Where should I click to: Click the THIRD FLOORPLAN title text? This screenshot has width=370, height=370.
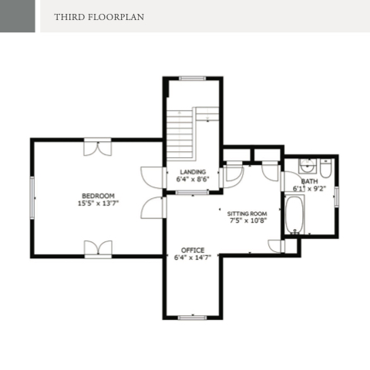tap(99, 17)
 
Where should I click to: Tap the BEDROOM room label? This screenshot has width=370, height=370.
tap(98, 196)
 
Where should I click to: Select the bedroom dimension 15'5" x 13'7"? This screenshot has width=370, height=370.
tap(98, 203)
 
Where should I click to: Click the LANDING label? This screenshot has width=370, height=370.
tap(193, 172)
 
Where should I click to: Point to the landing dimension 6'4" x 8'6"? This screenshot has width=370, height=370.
tap(193, 179)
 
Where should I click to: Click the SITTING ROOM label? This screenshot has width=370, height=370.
tap(247, 214)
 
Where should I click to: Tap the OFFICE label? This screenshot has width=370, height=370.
tap(193, 250)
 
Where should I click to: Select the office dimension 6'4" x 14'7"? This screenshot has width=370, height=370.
tap(193, 257)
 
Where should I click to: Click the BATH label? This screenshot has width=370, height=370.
tap(309, 181)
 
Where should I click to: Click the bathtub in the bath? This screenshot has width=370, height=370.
tap(294, 214)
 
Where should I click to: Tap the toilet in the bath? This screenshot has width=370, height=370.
tap(325, 168)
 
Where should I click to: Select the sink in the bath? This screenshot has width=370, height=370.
tap(308, 166)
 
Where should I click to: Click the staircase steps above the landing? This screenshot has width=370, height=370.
tap(180, 135)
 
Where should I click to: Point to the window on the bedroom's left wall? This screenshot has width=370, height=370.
tap(32, 198)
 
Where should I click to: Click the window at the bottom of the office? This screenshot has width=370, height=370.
tap(193, 318)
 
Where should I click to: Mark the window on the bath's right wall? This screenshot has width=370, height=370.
tap(337, 197)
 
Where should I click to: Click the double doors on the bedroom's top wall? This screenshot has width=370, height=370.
tap(98, 147)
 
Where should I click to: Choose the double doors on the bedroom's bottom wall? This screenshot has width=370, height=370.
tap(98, 249)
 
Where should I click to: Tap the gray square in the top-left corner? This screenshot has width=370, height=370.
tap(18, 16)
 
